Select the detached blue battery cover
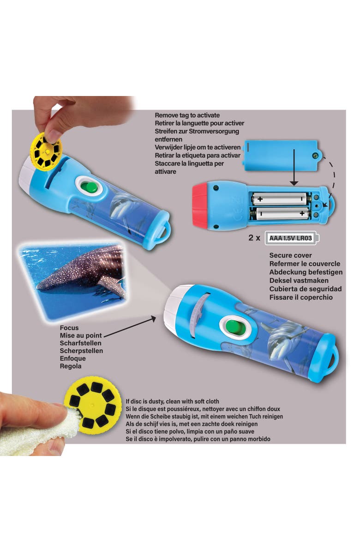[x=281, y=156]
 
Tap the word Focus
[x=69, y=328]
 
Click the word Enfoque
[x=72, y=359]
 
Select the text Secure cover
[x=290, y=255]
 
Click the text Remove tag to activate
[x=187, y=115]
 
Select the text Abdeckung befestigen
[x=306, y=272]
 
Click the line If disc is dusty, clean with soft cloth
[x=172, y=402]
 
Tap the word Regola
[x=70, y=366]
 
